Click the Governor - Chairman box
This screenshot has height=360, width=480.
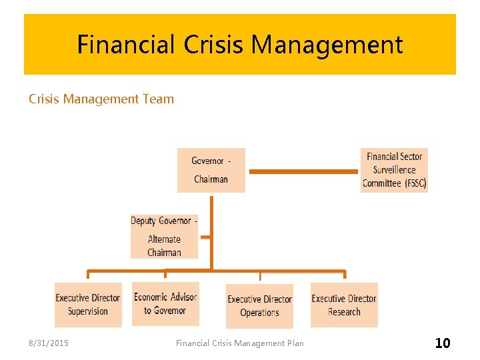[211, 170]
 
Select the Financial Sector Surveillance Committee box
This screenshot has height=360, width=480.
[394, 170]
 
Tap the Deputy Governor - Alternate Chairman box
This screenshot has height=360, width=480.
[164, 236]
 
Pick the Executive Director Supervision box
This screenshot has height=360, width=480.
[88, 305]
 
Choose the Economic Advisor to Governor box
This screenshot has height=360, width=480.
[165, 304]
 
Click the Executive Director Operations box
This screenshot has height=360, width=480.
[259, 306]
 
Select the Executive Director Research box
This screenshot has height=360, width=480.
[344, 305]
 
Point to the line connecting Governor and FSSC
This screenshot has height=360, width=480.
[303, 171]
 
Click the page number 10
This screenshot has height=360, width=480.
[442, 343]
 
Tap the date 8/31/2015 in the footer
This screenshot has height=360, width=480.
[48, 343]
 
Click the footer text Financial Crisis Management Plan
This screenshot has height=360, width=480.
[239, 343]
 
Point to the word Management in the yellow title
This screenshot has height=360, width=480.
[328, 45]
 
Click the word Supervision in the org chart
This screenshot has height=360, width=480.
[88, 311]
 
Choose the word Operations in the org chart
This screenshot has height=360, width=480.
[259, 313]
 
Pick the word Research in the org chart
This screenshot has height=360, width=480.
[344, 312]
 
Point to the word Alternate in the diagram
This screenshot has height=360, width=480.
[164, 239]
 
